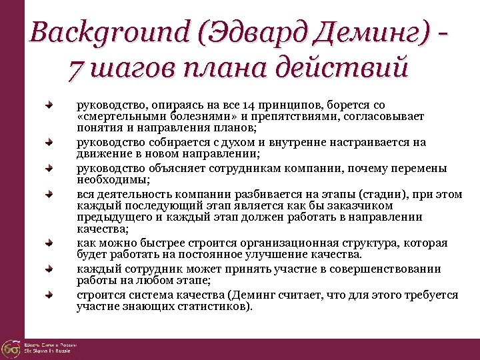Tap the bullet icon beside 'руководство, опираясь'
pyautogui.click(x=49, y=105)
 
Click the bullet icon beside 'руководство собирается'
pyautogui.click(x=49, y=143)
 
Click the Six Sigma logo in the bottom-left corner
pyautogui.click(x=11, y=348)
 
